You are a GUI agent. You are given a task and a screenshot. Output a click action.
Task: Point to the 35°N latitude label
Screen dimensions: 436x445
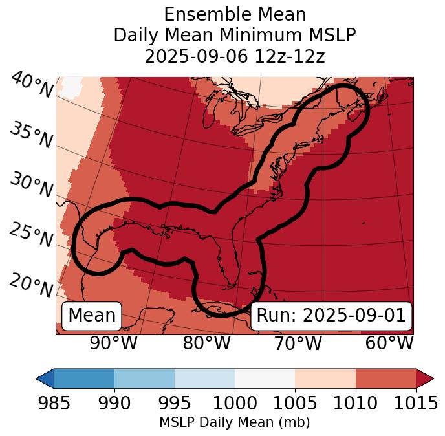tap(30, 135)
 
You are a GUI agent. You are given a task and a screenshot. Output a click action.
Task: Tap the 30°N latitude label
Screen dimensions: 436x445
tap(30, 186)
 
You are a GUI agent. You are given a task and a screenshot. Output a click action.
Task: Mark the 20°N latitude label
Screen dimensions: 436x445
tap(30, 285)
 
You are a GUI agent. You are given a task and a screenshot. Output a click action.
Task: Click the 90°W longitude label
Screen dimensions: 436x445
tap(114, 343)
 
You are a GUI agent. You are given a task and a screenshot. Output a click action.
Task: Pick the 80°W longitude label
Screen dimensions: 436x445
tap(206, 343)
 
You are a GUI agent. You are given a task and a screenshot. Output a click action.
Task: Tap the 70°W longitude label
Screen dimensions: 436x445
tap(298, 343)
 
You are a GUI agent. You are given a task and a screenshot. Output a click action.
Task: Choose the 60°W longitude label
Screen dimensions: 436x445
tap(389, 343)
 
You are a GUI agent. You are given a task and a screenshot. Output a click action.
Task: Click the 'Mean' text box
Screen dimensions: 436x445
tap(92, 316)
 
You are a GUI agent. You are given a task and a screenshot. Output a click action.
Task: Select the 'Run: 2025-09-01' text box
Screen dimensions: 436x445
tap(331, 316)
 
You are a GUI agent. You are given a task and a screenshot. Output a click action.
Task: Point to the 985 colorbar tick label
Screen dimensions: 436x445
tap(54, 403)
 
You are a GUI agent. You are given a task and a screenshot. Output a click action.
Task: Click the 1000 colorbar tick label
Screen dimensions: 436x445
tap(235, 403)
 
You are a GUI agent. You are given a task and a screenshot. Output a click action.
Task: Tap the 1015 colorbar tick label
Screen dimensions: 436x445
tap(416, 403)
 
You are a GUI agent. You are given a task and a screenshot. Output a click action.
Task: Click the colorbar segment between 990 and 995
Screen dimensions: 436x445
tap(144, 378)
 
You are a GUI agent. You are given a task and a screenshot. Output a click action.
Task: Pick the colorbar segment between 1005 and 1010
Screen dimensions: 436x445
tap(325, 378)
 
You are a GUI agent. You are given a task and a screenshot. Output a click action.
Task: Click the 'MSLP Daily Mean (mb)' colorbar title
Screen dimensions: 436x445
tap(235, 422)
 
